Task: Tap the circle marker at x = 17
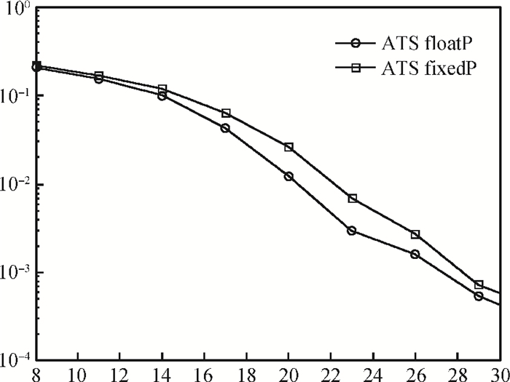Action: point(225,128)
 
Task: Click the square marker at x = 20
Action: point(289,147)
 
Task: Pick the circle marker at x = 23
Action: point(352,231)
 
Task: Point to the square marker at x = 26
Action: point(415,234)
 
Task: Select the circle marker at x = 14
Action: point(162,95)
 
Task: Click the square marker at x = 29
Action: point(479,284)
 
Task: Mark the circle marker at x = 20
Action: point(289,176)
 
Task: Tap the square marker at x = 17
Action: point(226,114)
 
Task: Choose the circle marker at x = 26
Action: point(415,254)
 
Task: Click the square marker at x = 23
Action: point(352,198)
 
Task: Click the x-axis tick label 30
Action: point(500,374)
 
